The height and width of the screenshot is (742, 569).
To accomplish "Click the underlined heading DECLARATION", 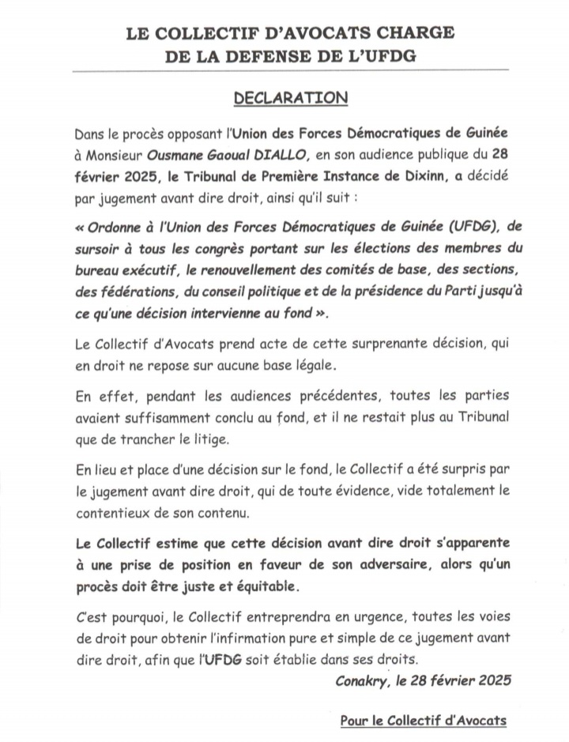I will pyautogui.click(x=290, y=98).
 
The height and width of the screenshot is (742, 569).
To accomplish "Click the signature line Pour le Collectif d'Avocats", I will pyautogui.click(x=423, y=720).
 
